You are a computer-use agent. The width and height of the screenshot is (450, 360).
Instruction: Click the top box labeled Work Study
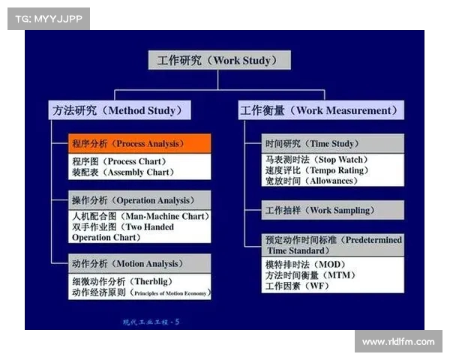(214, 61)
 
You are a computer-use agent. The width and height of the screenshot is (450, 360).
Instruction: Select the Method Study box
(119, 110)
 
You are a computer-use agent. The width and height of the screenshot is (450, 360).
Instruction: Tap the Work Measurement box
(320, 110)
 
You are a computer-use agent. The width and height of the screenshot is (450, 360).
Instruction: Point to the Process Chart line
(119, 161)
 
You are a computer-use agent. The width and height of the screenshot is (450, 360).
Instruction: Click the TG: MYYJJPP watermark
(49, 19)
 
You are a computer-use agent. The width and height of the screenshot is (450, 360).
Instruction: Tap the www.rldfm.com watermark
(397, 342)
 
